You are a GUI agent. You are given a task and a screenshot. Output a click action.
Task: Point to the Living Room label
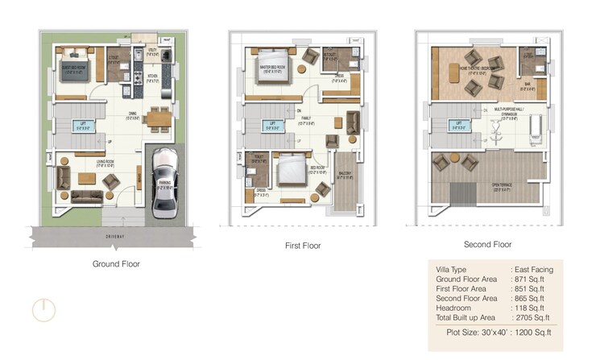86,166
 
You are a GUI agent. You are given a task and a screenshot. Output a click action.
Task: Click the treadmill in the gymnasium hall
531,129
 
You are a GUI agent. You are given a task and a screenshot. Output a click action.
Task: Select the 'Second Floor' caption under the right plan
487,244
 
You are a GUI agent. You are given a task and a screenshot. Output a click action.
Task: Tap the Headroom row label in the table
453,308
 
